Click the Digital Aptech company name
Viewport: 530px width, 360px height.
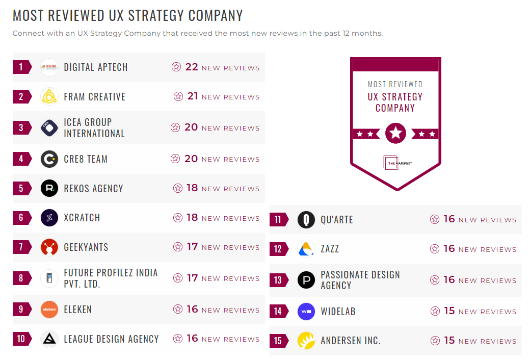(x=96, y=67)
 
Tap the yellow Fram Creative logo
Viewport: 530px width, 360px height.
(x=49, y=96)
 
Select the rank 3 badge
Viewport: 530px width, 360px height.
(x=21, y=127)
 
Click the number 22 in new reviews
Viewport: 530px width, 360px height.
(x=192, y=67)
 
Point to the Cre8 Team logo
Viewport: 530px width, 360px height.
(x=49, y=159)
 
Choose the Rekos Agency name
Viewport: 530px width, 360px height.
(x=93, y=189)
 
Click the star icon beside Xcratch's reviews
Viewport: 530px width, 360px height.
(x=178, y=218)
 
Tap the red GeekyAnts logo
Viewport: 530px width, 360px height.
(x=49, y=247)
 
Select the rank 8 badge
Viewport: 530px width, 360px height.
(x=21, y=278)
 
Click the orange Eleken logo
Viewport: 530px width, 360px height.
(x=49, y=310)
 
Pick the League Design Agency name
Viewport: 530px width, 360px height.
(x=111, y=339)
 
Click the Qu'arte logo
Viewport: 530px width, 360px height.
(x=306, y=220)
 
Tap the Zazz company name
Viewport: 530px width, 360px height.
(x=330, y=249)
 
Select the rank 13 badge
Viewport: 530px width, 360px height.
(x=278, y=280)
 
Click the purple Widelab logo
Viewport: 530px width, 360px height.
(x=306, y=311)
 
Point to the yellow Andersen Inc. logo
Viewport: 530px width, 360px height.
(x=306, y=341)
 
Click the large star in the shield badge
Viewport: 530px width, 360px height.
(x=395, y=134)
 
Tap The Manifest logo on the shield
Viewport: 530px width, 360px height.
(x=395, y=163)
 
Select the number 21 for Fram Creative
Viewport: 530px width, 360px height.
(x=193, y=96)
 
